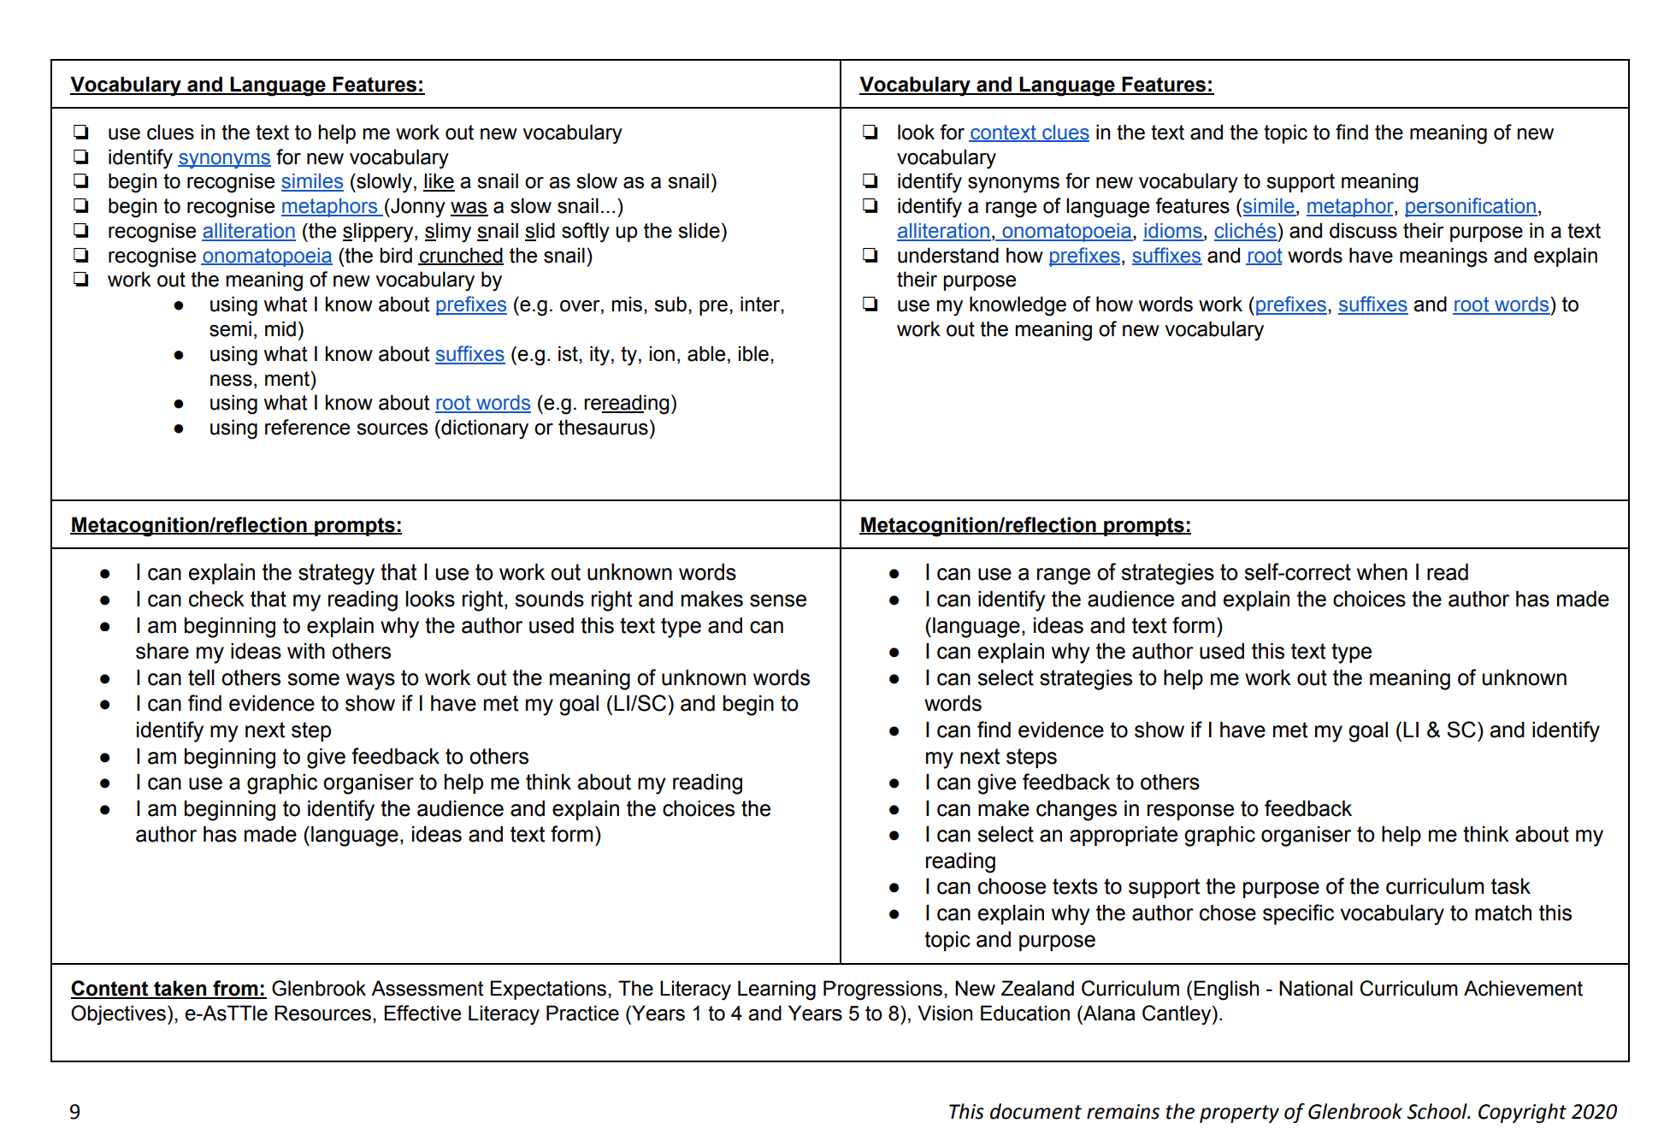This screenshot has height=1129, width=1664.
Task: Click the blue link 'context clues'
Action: click(x=1029, y=133)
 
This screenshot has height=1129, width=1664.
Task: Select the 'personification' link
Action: click(x=1470, y=206)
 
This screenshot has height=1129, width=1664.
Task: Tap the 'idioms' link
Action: click(x=1172, y=231)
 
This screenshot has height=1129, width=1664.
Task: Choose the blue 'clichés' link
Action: click(x=1245, y=231)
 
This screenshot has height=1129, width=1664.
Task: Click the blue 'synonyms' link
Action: click(x=224, y=157)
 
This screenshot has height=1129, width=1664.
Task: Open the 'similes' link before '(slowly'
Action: click(x=312, y=181)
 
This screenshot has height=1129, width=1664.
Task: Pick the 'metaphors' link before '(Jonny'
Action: click(x=329, y=206)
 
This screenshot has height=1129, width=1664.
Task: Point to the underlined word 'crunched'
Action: click(x=461, y=256)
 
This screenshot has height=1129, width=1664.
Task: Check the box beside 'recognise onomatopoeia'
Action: click(x=81, y=255)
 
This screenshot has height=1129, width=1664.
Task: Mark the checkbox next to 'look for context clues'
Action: click(x=870, y=132)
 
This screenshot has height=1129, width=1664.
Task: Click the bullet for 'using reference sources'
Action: click(x=179, y=429)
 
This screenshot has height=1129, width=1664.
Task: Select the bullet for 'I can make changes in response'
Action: click(x=894, y=809)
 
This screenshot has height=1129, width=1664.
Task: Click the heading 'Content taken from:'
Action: click(x=168, y=989)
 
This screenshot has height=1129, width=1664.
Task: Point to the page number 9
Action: click(x=75, y=1111)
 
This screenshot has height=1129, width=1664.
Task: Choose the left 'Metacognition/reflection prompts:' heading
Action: click(x=236, y=525)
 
